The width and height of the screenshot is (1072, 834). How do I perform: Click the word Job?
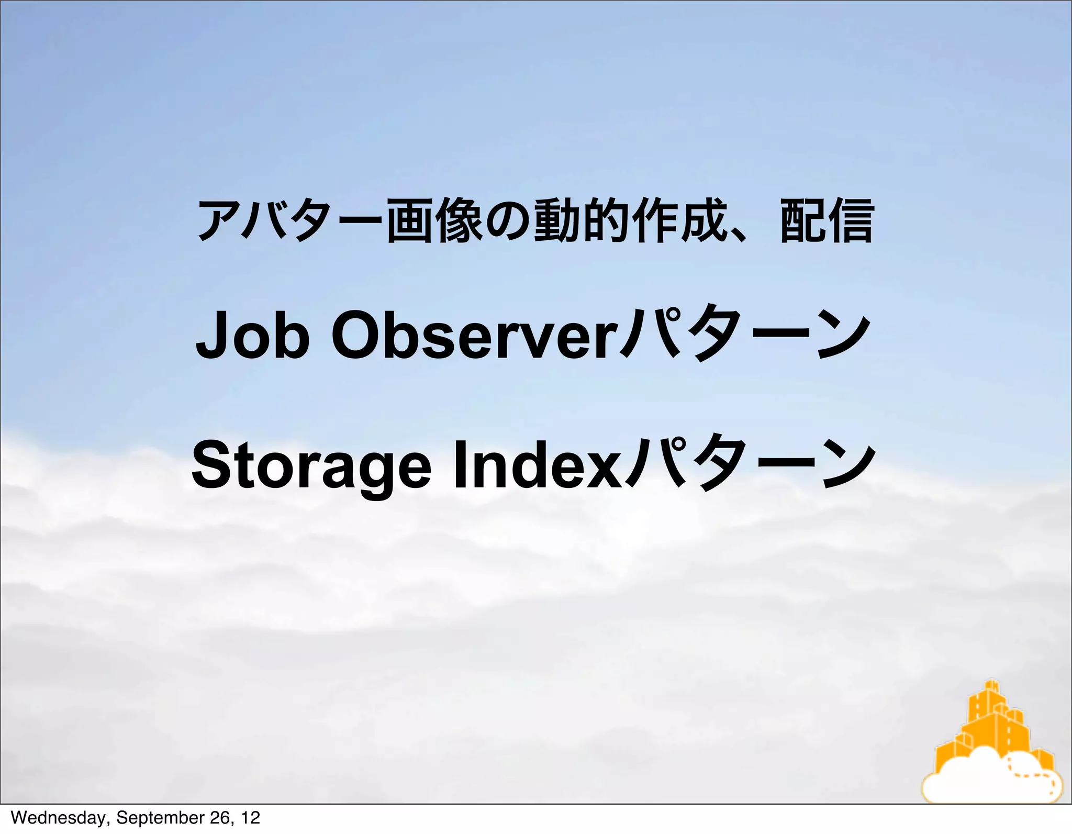pos(252,335)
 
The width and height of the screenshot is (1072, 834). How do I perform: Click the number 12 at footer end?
pos(250,818)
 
